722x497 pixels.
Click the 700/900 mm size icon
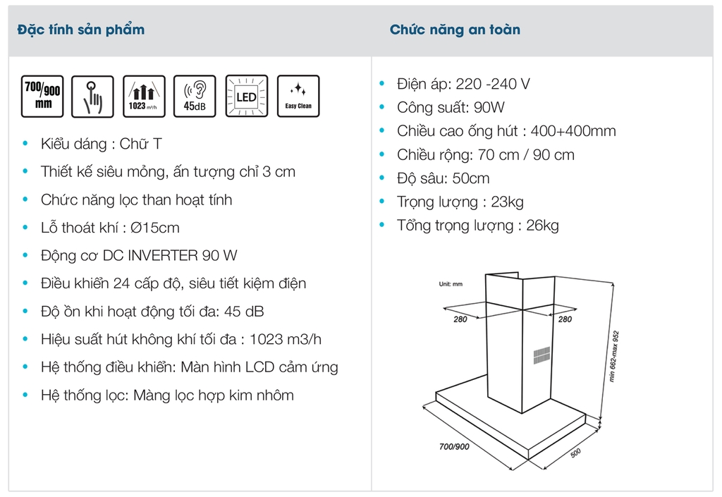(x=43, y=97)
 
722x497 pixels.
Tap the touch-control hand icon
(x=93, y=97)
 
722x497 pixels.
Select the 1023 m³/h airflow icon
(x=144, y=97)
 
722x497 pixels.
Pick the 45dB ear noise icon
(x=195, y=97)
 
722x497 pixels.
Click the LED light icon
(x=246, y=97)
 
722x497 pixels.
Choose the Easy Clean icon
(x=298, y=97)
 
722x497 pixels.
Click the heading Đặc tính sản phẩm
(x=81, y=30)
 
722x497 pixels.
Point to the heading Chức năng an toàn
(x=455, y=30)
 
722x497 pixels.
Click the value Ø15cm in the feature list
(x=159, y=228)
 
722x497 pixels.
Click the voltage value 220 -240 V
(x=493, y=84)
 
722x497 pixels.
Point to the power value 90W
(x=490, y=108)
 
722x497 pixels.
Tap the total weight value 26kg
(x=542, y=226)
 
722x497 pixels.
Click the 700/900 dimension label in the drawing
(x=454, y=446)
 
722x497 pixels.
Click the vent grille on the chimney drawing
(x=540, y=355)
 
